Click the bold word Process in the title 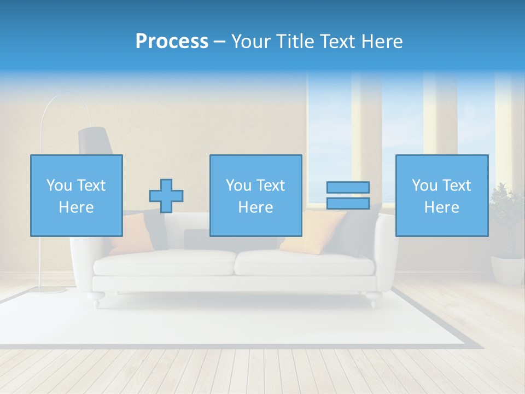172,42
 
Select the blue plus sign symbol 166,196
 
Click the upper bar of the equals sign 348,187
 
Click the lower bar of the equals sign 348,204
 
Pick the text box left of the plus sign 77,195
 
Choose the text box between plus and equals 255,195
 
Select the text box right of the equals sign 441,195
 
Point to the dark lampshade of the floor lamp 95,141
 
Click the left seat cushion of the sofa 164,263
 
